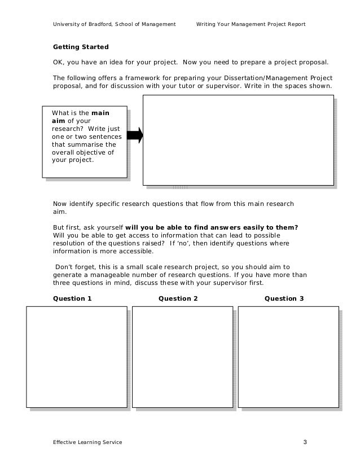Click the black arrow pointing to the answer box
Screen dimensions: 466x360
point(135,135)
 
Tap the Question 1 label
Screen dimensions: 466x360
point(72,298)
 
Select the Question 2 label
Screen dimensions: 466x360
point(178,298)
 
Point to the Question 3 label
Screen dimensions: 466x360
point(284,298)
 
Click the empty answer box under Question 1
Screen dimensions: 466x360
point(77,356)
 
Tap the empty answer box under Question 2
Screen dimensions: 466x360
point(182,356)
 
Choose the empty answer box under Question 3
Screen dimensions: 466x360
point(288,356)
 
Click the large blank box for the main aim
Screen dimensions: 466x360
point(238,139)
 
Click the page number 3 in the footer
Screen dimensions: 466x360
point(305,442)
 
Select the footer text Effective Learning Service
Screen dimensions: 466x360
point(87,442)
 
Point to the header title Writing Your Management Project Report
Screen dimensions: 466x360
point(251,24)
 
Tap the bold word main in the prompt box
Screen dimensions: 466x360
point(100,113)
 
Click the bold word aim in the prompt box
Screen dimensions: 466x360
point(58,121)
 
